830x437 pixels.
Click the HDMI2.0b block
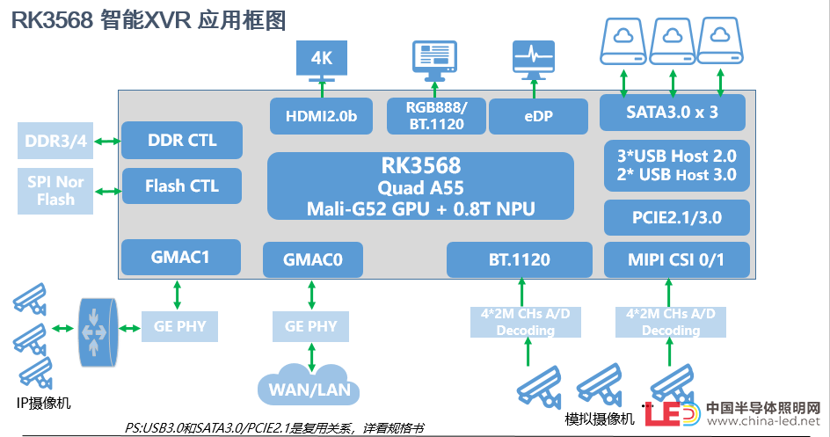[x=321, y=116]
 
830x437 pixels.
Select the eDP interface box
[x=538, y=116]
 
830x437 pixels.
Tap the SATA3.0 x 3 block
[x=673, y=113]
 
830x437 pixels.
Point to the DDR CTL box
[x=182, y=140]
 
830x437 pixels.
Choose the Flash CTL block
[x=182, y=186]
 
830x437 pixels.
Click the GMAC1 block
[x=181, y=257]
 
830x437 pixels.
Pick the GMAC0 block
[x=313, y=259]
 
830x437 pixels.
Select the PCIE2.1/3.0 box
[x=677, y=217]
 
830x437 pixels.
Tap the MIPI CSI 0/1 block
[x=677, y=259]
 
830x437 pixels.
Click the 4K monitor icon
[x=322, y=61]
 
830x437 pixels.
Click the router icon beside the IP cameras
[x=98, y=332]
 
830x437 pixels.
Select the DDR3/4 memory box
[x=55, y=141]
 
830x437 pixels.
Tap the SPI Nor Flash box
[x=55, y=191]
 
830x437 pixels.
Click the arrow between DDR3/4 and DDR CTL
[x=107, y=142]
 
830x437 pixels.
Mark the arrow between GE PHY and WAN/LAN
[x=311, y=358]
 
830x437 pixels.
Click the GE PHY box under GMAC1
[x=180, y=326]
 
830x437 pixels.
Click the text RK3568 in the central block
[x=421, y=165]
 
